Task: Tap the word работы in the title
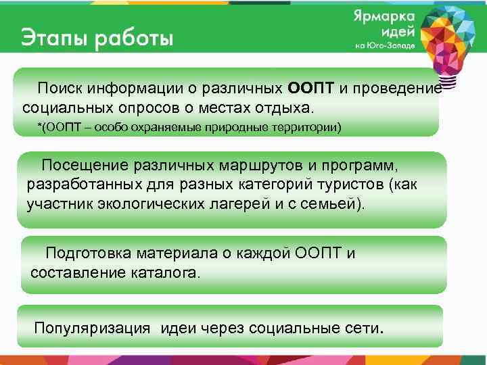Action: [x=133, y=38]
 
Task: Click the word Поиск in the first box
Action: [x=57, y=89]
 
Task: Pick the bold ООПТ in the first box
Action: [x=307, y=89]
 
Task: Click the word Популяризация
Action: [x=92, y=328]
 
